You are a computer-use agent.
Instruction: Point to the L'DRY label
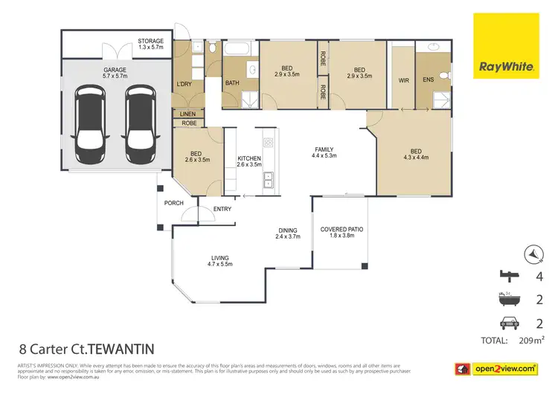click(184, 83)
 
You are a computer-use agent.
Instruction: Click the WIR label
click(404, 79)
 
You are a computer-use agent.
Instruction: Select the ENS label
click(427, 79)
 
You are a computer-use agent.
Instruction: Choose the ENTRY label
click(222, 209)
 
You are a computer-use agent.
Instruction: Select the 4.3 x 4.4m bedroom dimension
click(416, 157)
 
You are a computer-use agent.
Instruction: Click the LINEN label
click(188, 114)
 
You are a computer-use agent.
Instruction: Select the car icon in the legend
click(509, 323)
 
